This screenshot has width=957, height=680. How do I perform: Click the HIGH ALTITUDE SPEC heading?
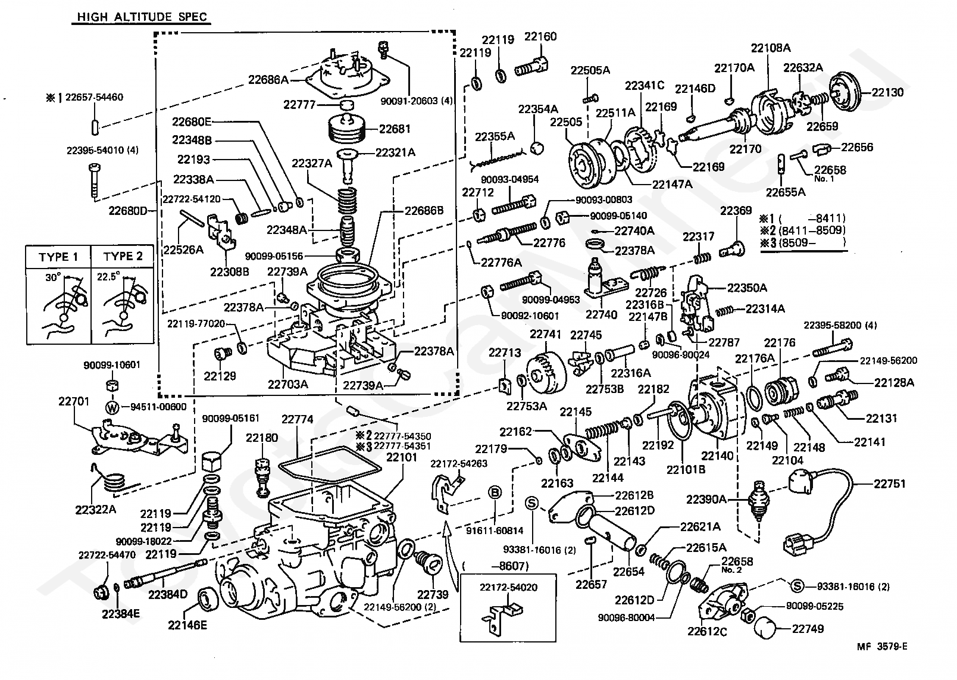(142, 17)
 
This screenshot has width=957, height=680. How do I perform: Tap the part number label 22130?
(887, 92)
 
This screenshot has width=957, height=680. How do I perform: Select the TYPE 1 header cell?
(58, 257)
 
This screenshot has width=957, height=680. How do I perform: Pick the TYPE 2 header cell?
(123, 257)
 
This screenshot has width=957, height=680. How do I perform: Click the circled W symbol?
(112, 407)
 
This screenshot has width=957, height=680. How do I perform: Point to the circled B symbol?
(495, 493)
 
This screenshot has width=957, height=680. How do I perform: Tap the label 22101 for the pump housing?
(402, 457)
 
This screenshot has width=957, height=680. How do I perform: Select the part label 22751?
(889, 484)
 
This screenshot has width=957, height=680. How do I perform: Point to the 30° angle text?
(54, 278)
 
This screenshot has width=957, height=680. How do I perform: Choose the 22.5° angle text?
(108, 277)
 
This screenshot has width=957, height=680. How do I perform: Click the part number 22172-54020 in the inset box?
(508, 587)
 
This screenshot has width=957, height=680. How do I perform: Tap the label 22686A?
(268, 80)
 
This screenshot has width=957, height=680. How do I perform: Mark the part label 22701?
(74, 401)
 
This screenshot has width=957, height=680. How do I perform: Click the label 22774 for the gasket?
(298, 419)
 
